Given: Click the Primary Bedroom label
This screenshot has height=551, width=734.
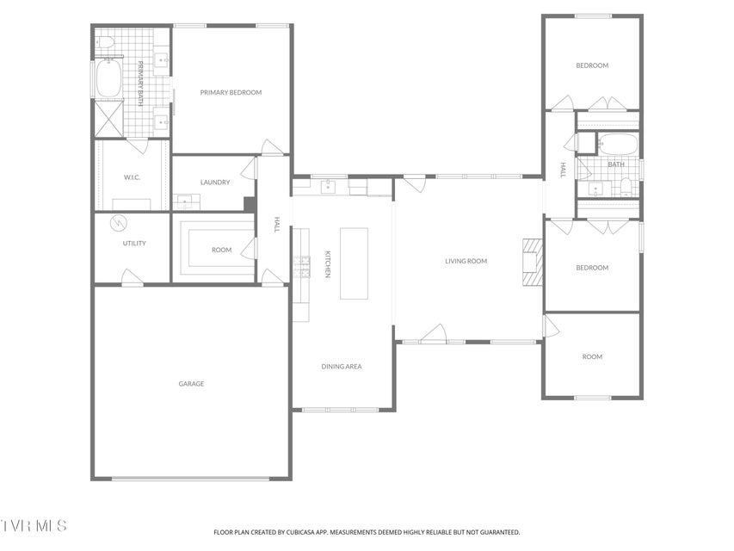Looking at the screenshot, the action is pyautogui.click(x=231, y=92).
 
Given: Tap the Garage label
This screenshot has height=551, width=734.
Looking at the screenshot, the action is pyautogui.click(x=191, y=384).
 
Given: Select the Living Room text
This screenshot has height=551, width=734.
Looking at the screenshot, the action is pyautogui.click(x=466, y=261).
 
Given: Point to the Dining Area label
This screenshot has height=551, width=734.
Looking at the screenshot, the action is pyautogui.click(x=342, y=367).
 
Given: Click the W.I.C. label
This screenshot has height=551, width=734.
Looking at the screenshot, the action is pyautogui.click(x=132, y=177).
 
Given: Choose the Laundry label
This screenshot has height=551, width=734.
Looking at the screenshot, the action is pyautogui.click(x=215, y=183).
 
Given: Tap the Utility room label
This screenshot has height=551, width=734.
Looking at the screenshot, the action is pyautogui.click(x=134, y=243).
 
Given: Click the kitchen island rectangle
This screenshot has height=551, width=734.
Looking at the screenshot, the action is pyautogui.click(x=354, y=263).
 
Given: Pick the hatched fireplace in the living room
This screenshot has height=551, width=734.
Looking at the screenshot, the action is pyautogui.click(x=533, y=262).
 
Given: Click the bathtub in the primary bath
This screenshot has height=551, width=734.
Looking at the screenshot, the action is pyautogui.click(x=109, y=77).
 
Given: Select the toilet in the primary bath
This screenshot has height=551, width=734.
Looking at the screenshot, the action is pyautogui.click(x=105, y=43).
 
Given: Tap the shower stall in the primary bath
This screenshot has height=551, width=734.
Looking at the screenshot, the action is pyautogui.click(x=109, y=119).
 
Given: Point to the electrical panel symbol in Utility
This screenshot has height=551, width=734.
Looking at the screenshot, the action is pyautogui.click(x=118, y=224).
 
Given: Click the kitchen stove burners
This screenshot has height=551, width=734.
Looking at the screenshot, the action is pyautogui.click(x=302, y=267).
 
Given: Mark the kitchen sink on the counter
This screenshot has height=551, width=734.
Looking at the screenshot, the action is pyautogui.click(x=329, y=187).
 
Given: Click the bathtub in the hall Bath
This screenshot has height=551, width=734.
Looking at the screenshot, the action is pyautogui.click(x=618, y=144).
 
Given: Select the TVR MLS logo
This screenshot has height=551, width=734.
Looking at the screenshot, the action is pyautogui.click(x=34, y=525).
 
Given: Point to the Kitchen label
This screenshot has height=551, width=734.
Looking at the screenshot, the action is pyautogui.click(x=328, y=264).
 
